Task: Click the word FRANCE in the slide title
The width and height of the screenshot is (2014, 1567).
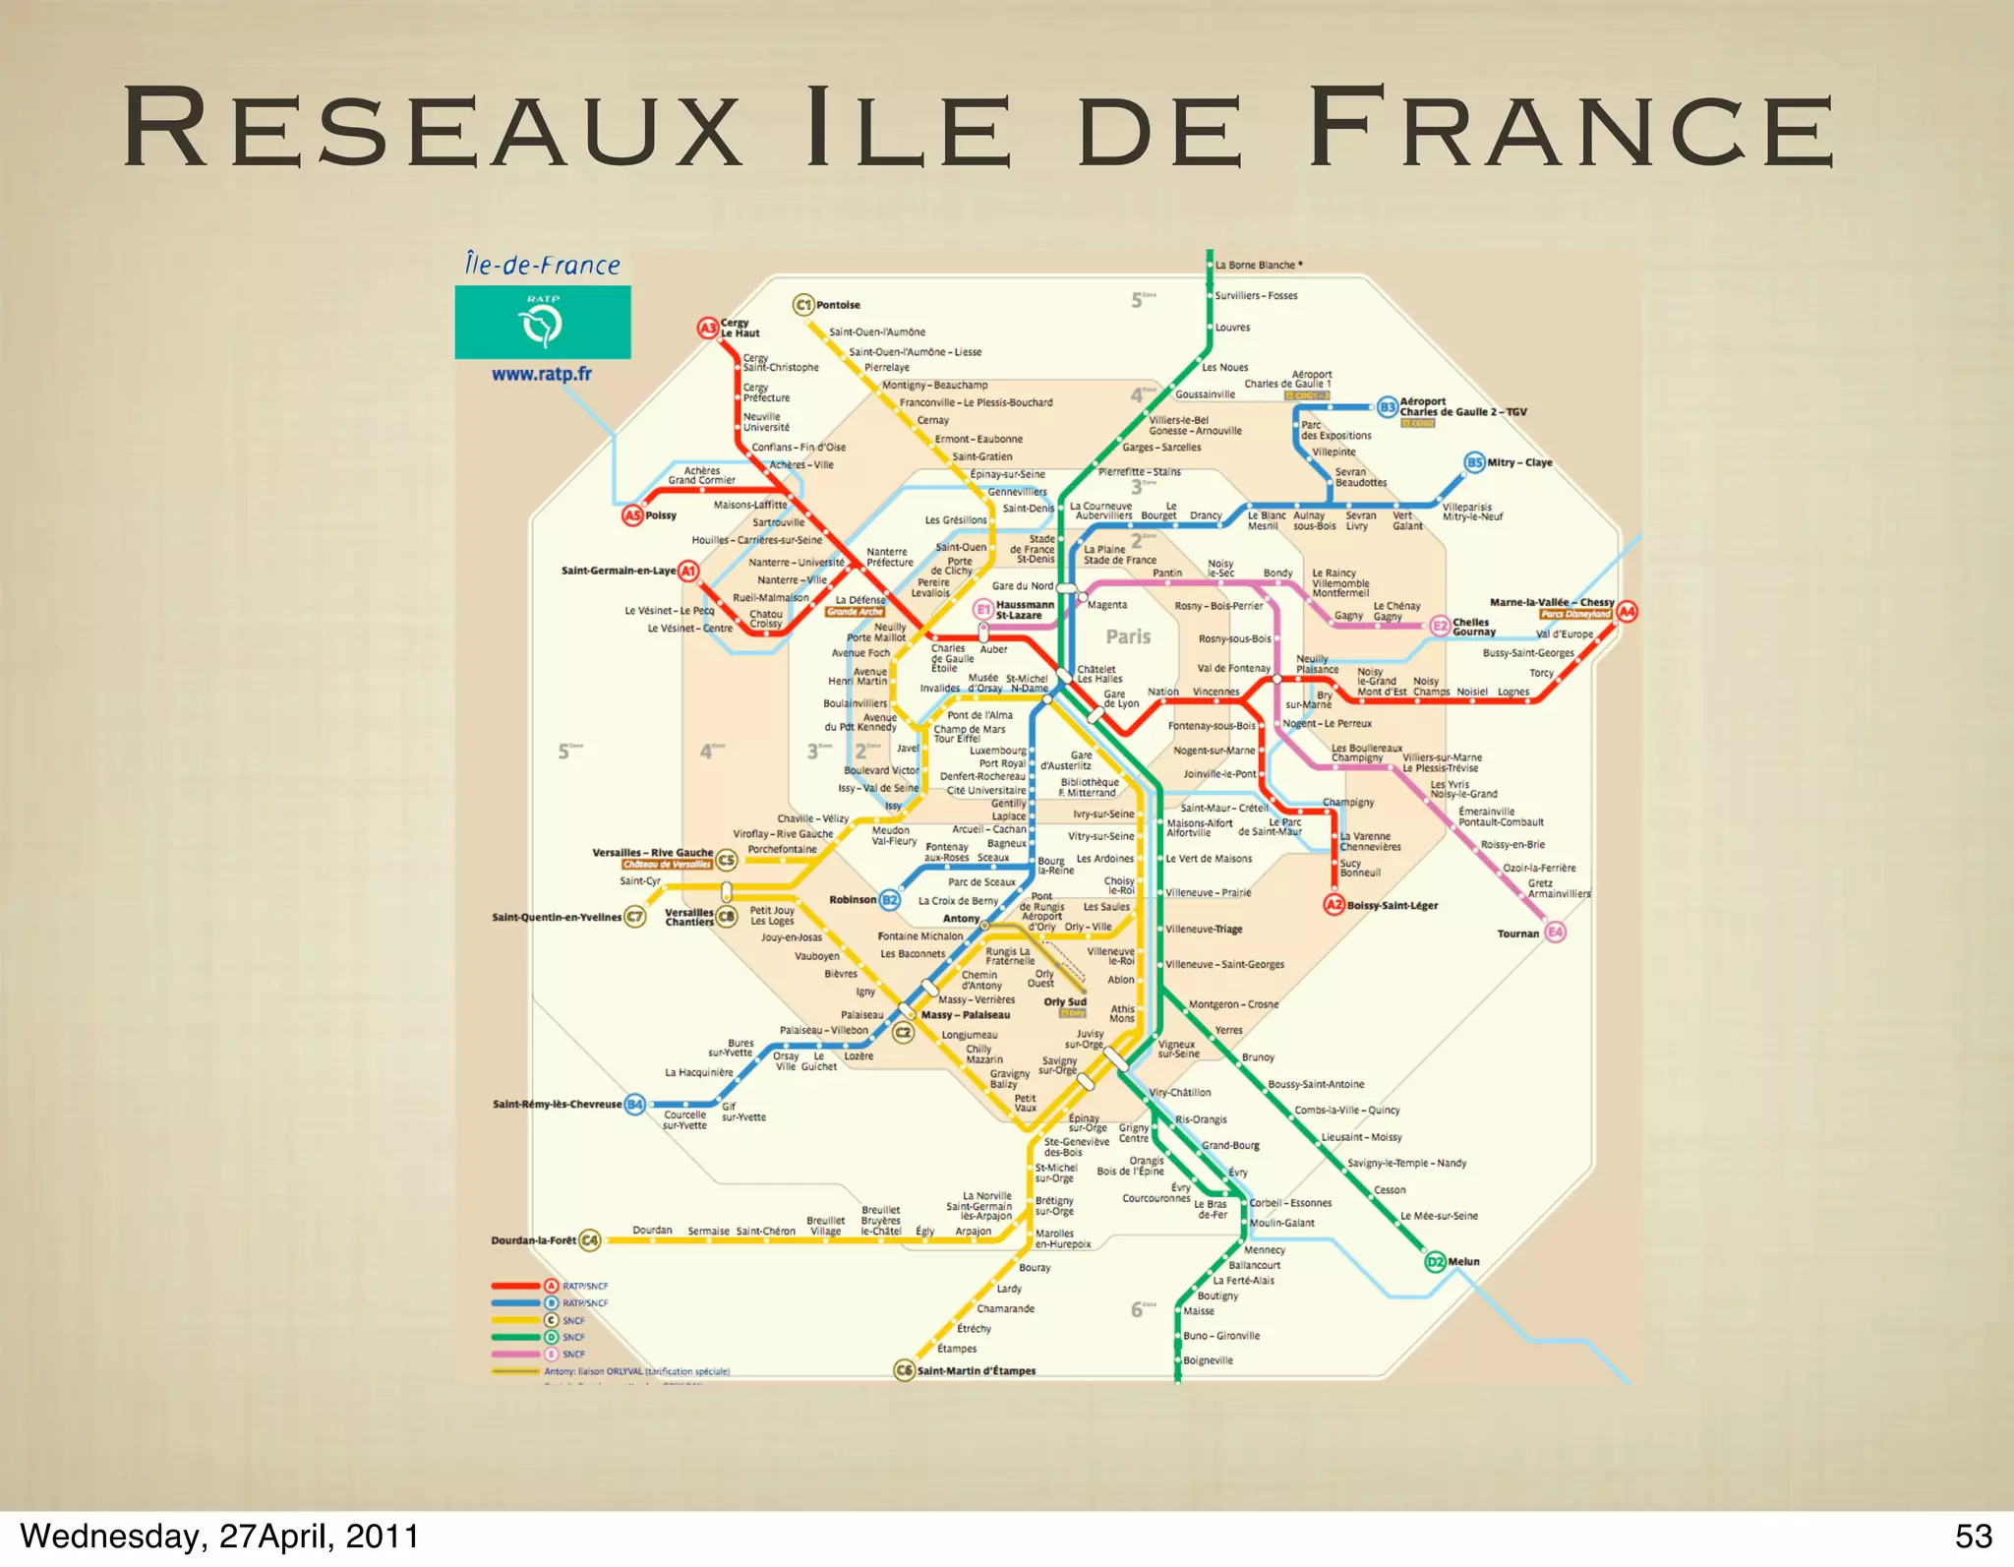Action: coord(1570,129)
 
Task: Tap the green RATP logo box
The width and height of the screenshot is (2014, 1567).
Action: coord(542,322)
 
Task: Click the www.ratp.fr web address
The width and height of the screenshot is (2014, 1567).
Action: coord(542,374)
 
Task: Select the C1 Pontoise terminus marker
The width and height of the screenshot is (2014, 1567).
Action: coord(803,305)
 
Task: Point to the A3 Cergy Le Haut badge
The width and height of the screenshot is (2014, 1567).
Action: coord(708,328)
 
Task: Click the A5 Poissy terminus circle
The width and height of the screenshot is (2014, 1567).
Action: coord(632,515)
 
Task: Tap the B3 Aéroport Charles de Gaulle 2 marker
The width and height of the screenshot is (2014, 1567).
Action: coord(1388,406)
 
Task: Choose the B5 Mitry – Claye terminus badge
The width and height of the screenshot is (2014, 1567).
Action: coord(1475,462)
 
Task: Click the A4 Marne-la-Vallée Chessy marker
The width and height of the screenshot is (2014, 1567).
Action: coord(1628,611)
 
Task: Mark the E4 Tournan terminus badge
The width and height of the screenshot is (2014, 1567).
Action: coord(1555,933)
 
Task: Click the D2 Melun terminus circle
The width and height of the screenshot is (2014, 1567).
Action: coord(1436,1261)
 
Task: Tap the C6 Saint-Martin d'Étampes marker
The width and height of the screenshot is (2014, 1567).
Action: coord(904,1370)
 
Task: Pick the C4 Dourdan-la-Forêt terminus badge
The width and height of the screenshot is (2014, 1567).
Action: coord(589,1239)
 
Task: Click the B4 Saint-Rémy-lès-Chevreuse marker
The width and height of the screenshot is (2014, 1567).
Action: coord(635,1104)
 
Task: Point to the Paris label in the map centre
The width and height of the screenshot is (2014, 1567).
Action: coord(1128,636)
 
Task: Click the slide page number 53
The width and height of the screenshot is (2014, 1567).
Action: coord(1973,1536)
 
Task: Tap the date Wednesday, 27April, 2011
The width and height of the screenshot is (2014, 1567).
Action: coord(219,1536)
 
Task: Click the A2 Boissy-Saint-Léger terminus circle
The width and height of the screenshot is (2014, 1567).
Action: coord(1333,905)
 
